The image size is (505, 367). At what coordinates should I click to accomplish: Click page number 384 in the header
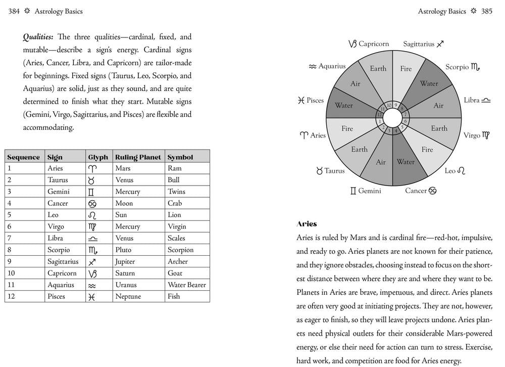coord(14,11)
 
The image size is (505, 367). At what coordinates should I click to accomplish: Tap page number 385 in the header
coord(487,11)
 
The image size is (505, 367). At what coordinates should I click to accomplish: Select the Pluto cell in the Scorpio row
coord(123,250)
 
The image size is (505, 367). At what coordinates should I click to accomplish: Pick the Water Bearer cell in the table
coord(186,285)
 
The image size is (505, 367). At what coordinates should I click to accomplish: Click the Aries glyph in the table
coord(92,168)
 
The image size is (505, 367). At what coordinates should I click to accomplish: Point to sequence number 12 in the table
coord(11,297)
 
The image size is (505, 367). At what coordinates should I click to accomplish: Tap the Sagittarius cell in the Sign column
coord(63,262)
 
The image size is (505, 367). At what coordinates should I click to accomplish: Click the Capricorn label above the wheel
coord(374,44)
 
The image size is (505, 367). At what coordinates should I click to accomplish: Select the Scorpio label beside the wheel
coord(457,67)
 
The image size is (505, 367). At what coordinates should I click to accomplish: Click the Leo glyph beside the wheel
coord(461,171)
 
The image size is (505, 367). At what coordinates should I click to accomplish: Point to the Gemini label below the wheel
coord(370,192)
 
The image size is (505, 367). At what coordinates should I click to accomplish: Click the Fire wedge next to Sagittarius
coord(406,69)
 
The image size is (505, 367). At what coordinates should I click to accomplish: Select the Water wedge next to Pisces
coord(344,106)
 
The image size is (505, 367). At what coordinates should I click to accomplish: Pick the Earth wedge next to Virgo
coord(439,128)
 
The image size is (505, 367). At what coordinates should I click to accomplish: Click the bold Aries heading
coord(307,224)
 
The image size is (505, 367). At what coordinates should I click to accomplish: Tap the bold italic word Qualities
coord(39,37)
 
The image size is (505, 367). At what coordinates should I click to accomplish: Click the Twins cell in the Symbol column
coord(176,192)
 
